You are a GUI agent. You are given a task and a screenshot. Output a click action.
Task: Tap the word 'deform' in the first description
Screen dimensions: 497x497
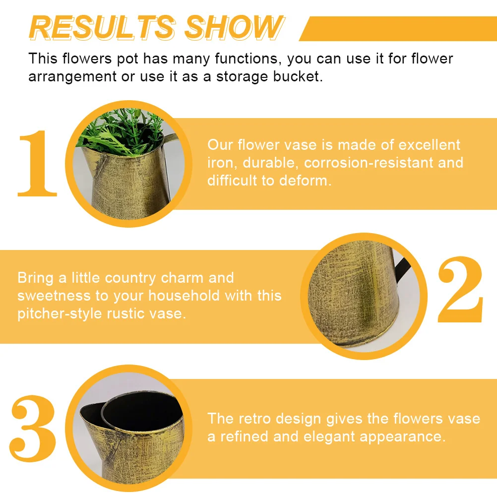[305, 181]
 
